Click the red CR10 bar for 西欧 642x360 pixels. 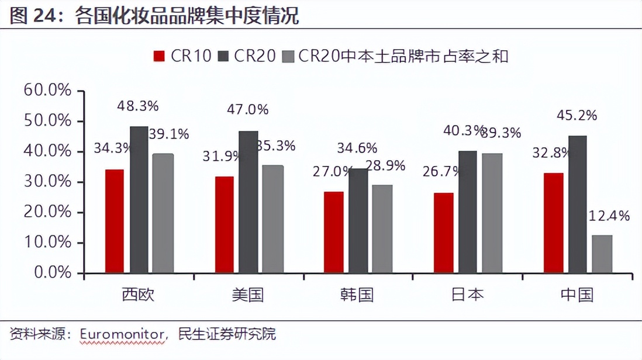tap(115, 221)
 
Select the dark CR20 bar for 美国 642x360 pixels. tap(248, 202)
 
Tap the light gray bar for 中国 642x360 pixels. tap(602, 254)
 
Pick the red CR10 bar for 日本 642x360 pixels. tap(444, 233)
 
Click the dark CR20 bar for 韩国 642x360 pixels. tap(358, 220)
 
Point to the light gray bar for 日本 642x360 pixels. tap(492, 213)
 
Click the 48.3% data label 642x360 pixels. tap(138, 106)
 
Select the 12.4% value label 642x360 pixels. tap(610, 216)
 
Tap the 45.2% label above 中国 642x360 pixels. tap(578, 115)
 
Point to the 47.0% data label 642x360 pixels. tap(248, 109)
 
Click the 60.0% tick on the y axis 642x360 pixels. tap(48, 91)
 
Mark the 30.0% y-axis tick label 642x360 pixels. tap(48, 182)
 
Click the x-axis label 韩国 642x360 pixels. tap(357, 295)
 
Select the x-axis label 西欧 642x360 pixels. tap(139, 295)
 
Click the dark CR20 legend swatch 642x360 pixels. tap(223, 56)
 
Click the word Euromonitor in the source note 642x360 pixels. tap(121, 334)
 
